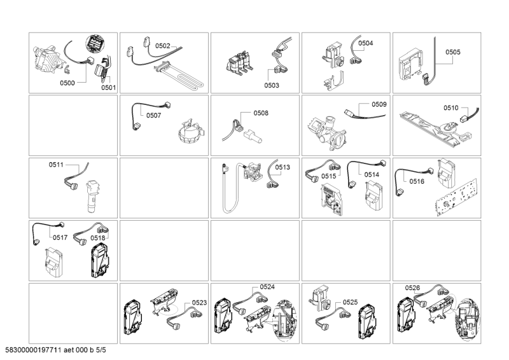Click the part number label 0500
[x=67, y=83]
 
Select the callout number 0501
[x=108, y=88]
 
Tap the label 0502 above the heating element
[x=163, y=46]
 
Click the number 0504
[x=366, y=43]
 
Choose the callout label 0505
[x=453, y=52]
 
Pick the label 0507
[x=153, y=116]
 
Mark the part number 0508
[x=261, y=113]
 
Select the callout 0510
[x=450, y=108]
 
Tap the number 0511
[x=57, y=165]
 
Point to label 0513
[x=282, y=167]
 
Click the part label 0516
[x=417, y=181]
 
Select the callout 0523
[x=199, y=303]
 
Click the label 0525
[x=351, y=302]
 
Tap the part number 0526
[x=412, y=287]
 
